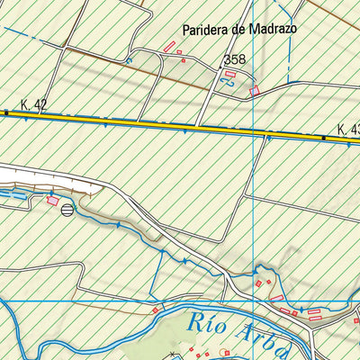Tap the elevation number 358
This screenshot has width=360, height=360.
tap(234, 60)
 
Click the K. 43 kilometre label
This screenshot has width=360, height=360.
tap(349, 130)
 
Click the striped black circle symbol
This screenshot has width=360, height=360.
tap(67, 211)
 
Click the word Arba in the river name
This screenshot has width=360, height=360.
tap(258, 337)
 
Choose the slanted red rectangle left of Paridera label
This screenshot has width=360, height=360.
tap(169, 46)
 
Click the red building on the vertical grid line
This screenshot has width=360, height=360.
tap(255, 91)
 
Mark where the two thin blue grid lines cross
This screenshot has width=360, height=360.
tap(255, 300)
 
